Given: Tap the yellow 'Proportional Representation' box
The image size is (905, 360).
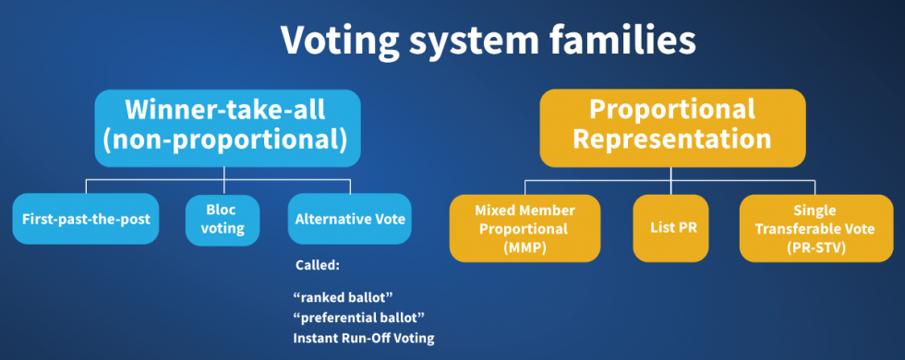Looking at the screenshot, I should pyautogui.click(x=671, y=127).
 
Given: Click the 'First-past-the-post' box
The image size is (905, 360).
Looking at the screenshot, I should pyautogui.click(x=87, y=220).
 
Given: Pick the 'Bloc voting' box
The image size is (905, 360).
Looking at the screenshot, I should pyautogui.click(x=222, y=220).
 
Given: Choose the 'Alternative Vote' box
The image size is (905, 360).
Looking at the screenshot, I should pyautogui.click(x=348, y=220).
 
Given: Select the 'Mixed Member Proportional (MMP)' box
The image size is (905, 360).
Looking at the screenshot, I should pyautogui.click(x=525, y=226).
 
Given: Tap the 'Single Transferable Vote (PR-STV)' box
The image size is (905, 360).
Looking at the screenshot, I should pyautogui.click(x=815, y=226).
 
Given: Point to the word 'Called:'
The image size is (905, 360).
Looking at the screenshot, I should pyautogui.click(x=318, y=265).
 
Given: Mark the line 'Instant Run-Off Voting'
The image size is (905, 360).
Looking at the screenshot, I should pyautogui.click(x=363, y=338).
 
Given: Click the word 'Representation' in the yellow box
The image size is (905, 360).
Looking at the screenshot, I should pyautogui.click(x=671, y=140).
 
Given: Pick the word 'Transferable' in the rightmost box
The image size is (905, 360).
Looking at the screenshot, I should pyautogui.click(x=815, y=227).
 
